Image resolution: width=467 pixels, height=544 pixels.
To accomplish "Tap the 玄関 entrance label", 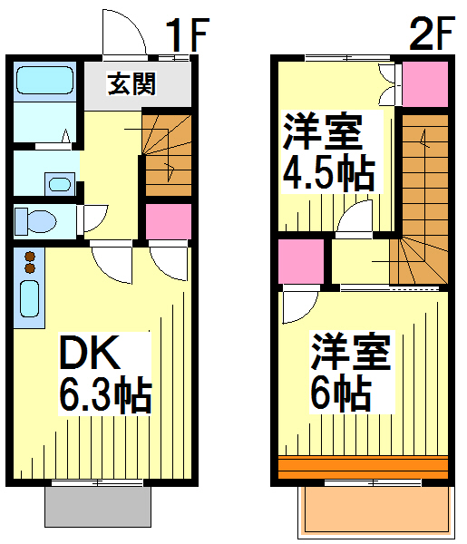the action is click(x=131, y=83).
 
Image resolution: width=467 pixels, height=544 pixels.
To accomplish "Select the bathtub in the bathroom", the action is click(x=45, y=80).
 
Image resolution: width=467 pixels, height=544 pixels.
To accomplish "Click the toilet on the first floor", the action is click(x=35, y=220).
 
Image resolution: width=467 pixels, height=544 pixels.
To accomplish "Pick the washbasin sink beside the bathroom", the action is click(x=60, y=184).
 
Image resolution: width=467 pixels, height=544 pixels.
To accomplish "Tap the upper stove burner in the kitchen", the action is click(x=30, y=257).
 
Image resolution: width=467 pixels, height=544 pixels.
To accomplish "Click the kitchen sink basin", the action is click(x=30, y=298).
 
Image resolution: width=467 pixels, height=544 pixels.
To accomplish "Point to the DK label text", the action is click(x=90, y=352).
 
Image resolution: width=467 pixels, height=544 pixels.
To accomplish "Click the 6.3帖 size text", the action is click(x=105, y=396).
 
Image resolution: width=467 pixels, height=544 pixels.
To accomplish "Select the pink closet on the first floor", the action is click(x=169, y=221).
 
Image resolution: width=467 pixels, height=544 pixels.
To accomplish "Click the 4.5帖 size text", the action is click(x=329, y=175).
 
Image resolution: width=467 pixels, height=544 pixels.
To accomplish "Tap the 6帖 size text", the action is click(x=341, y=393).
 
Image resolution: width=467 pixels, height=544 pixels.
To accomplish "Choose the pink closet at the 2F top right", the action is click(x=425, y=84).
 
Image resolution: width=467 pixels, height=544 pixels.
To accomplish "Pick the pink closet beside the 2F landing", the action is click(x=301, y=261).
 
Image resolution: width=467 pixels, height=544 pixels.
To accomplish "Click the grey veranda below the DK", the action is click(x=98, y=507).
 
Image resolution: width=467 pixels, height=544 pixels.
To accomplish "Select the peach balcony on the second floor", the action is click(x=376, y=511).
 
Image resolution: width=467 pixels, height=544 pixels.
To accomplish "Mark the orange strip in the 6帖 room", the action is click(x=364, y=469).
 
